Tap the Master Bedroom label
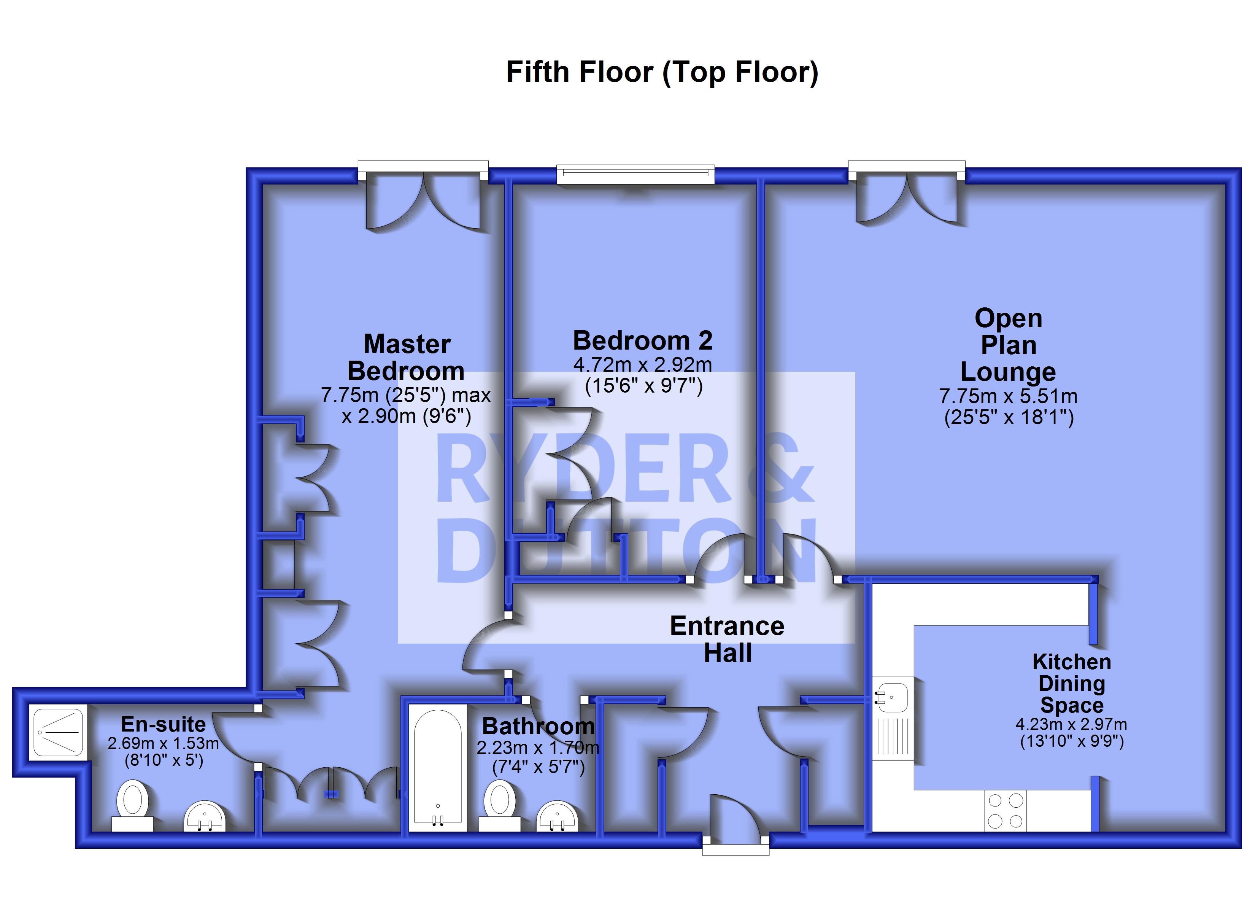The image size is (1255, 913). [x=406, y=358]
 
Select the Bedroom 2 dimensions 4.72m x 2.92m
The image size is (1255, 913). [x=642, y=365]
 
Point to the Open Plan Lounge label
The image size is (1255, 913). [x=1008, y=345]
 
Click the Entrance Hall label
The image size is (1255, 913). [x=727, y=639]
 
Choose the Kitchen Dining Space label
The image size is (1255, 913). [x=1071, y=683]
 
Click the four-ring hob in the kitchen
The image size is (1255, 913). [x=1005, y=811]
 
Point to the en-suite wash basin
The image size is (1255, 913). [x=205, y=816]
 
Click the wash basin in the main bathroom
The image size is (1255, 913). [x=557, y=816]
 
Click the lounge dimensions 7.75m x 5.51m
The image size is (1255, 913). [x=1008, y=396]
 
